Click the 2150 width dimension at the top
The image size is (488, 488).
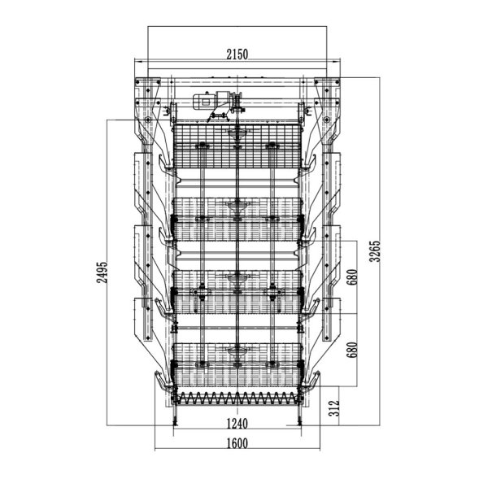click(x=237, y=54)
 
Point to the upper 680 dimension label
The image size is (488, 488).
click(x=351, y=277)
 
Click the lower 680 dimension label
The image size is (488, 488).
click(x=351, y=348)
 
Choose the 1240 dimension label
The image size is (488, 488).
click(x=237, y=423)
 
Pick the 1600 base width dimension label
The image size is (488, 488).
click(x=237, y=443)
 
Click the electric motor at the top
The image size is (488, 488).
click(x=209, y=102)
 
